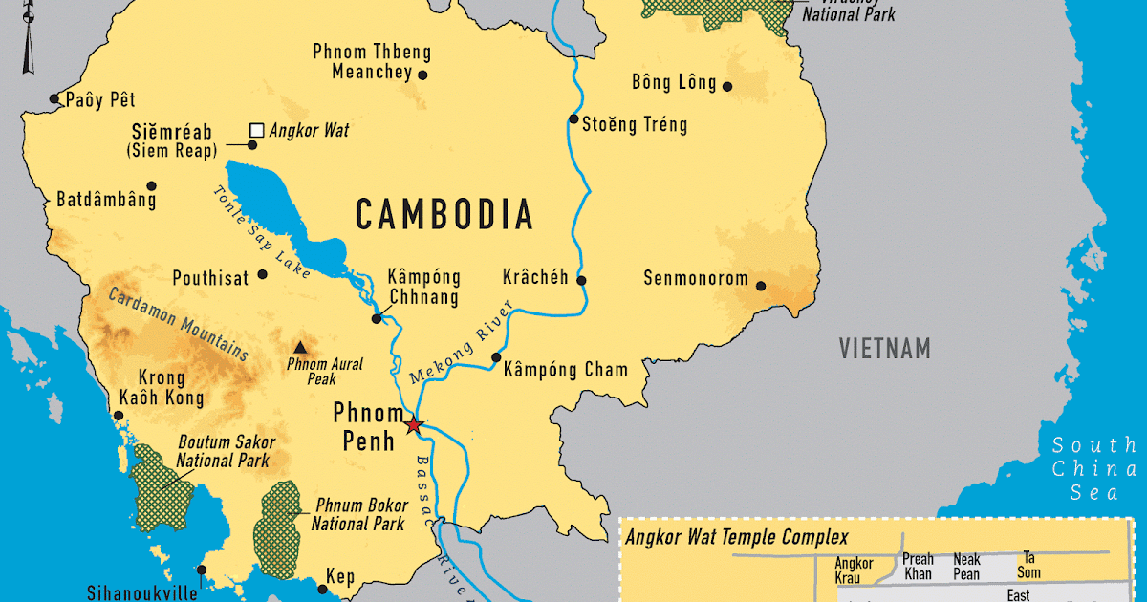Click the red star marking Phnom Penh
coord(413,425)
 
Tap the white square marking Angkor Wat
coord(256,130)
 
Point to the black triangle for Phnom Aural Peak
coord(301,348)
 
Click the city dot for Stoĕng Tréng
coord(573,119)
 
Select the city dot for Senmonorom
coord(761,285)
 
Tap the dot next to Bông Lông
coord(727,86)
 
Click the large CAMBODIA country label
coord(444,214)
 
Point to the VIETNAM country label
coord(884,349)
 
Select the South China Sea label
coord(1093,469)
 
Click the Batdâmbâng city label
coord(106,201)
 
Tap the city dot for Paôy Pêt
coord(55,99)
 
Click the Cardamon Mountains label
coord(179,324)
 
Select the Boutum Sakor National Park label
coord(227,451)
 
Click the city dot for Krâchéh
coord(581,281)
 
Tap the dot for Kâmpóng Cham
coord(496,358)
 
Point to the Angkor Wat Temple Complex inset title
coord(736,538)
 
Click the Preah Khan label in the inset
coord(918,567)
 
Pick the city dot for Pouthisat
coord(263,274)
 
